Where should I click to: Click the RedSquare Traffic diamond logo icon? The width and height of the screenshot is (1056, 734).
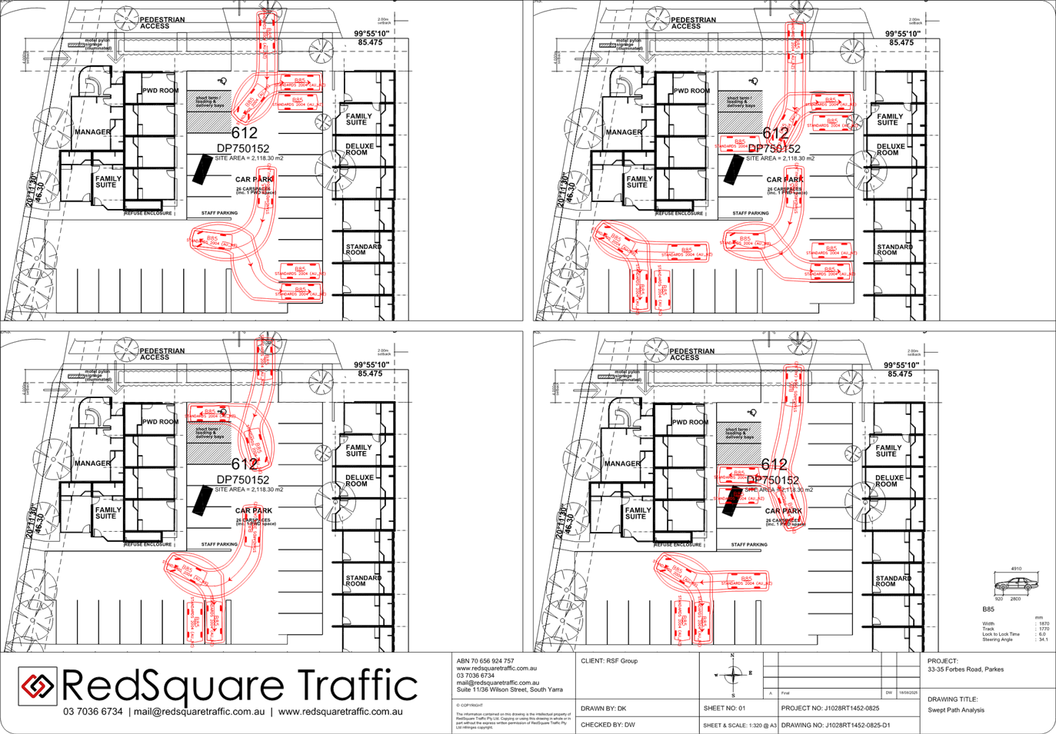click(37, 686)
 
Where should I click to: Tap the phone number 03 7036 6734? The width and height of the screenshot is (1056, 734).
click(92, 712)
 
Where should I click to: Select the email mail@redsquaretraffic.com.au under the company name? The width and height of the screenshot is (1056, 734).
click(199, 712)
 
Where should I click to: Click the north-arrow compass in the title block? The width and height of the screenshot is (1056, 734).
click(732, 674)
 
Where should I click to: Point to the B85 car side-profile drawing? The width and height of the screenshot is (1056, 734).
click(1014, 584)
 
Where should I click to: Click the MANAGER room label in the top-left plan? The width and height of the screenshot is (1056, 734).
click(92, 132)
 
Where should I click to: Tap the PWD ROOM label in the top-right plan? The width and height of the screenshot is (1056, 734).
click(691, 91)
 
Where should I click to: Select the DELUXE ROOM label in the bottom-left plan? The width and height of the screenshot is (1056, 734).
click(359, 480)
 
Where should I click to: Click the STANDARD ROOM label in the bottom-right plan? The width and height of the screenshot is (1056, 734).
click(893, 581)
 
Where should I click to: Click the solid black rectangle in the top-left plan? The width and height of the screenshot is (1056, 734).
click(202, 169)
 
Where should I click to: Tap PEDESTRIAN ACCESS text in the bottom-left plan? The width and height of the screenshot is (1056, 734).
click(162, 354)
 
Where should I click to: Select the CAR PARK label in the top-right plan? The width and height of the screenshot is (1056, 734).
click(785, 180)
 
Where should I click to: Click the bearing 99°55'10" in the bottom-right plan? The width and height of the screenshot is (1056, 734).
click(908, 365)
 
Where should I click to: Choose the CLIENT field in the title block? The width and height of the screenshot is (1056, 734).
click(608, 661)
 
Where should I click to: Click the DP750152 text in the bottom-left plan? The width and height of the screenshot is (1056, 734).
click(243, 480)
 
